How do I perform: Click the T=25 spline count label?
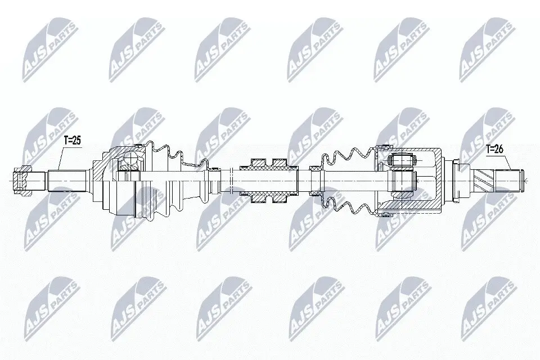pyautogui.click(x=71, y=142)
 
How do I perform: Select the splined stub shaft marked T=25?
pyautogui.click(x=66, y=180)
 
